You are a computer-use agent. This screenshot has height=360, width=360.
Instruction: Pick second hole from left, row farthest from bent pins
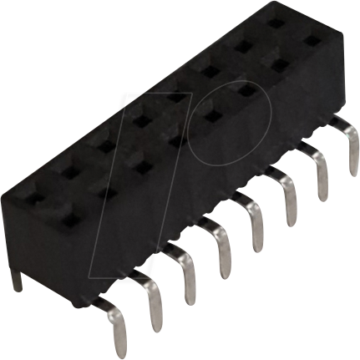68,156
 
